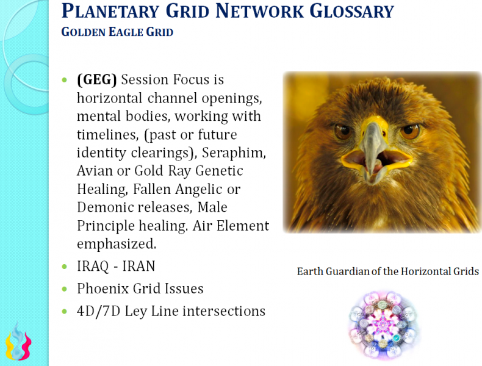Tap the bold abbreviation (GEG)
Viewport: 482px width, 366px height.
tap(97, 79)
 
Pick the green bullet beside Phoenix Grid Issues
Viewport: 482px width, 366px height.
tap(66, 289)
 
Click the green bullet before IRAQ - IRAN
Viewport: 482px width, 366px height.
tap(66, 267)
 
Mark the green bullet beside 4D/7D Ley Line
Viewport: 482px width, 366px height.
tap(66, 312)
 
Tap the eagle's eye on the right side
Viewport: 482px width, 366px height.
tap(410, 130)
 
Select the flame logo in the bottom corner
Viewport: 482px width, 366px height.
tap(18, 343)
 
